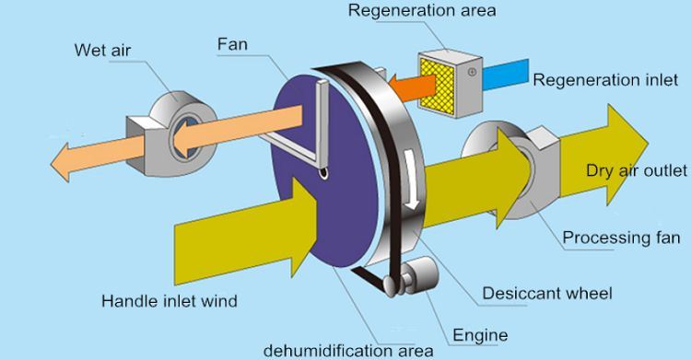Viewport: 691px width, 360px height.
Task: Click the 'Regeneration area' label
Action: (x=422, y=10)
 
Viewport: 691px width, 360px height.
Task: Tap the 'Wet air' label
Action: (x=102, y=51)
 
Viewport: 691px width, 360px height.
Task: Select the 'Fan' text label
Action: (x=232, y=44)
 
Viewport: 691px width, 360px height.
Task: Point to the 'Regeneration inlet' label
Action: (x=605, y=80)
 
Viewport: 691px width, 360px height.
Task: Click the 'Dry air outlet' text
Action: (x=637, y=170)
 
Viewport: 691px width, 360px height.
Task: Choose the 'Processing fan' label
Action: (x=621, y=238)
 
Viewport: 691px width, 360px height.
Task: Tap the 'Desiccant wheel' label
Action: (x=547, y=293)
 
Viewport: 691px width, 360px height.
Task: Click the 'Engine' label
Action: (x=480, y=336)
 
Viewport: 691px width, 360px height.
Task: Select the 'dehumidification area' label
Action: (x=348, y=351)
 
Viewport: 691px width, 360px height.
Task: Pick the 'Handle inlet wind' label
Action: (x=170, y=301)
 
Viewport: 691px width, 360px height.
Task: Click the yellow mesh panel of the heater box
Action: (x=437, y=84)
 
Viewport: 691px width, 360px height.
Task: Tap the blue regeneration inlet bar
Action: (x=505, y=74)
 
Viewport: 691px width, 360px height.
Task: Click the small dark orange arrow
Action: (x=411, y=85)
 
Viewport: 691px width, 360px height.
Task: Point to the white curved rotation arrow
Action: (x=411, y=180)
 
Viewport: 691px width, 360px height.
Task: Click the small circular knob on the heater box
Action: (x=472, y=72)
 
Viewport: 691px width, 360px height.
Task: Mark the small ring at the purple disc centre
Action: (x=324, y=174)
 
